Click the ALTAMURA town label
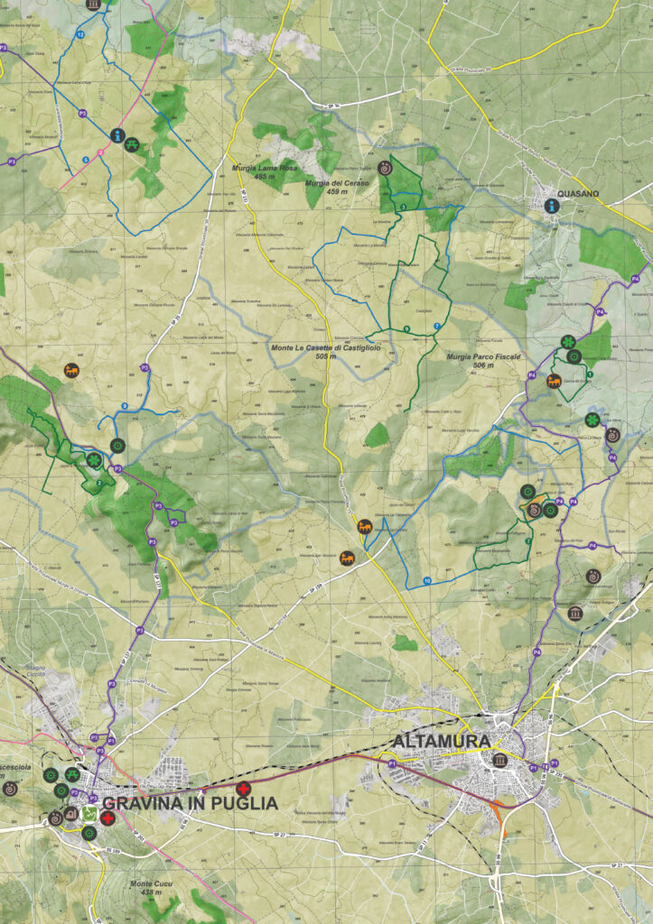pyautogui.click(x=442, y=741)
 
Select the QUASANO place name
pyautogui.click(x=579, y=192)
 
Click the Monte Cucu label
pyautogui.click(x=153, y=885)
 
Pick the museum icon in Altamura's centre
pyautogui.click(x=499, y=761)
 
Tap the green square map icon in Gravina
pyautogui.click(x=89, y=815)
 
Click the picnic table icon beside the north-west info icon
pyautogui.click(x=132, y=143)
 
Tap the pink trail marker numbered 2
pyautogui.click(x=100, y=152)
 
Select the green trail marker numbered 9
pyautogui.click(x=406, y=328)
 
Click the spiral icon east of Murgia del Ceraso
pyautogui.click(x=386, y=169)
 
